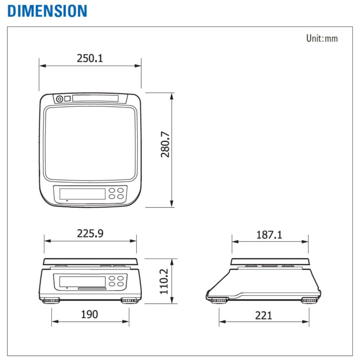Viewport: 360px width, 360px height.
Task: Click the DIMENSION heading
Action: [x=47, y=11]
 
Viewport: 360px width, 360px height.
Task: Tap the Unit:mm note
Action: [x=322, y=38]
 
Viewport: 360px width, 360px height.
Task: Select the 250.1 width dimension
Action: [x=90, y=58]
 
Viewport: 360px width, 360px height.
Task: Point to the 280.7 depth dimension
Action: [x=165, y=144]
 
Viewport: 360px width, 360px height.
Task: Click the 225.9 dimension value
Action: [x=90, y=233]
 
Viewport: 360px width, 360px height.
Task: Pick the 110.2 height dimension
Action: [x=164, y=282]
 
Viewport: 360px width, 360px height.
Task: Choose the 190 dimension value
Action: [x=89, y=314]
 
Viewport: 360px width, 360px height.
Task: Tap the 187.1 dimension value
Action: [x=269, y=235]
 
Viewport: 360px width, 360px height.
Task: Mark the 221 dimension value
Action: [x=264, y=315]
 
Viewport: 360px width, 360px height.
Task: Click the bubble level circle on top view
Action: [x=60, y=99]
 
